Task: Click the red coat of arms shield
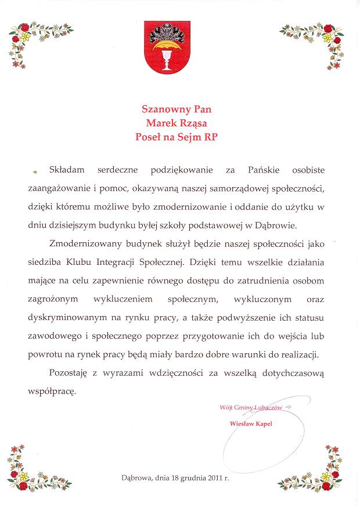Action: [167, 49]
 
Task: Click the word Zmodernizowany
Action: [85, 243]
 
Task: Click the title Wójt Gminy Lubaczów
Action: [250, 408]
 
